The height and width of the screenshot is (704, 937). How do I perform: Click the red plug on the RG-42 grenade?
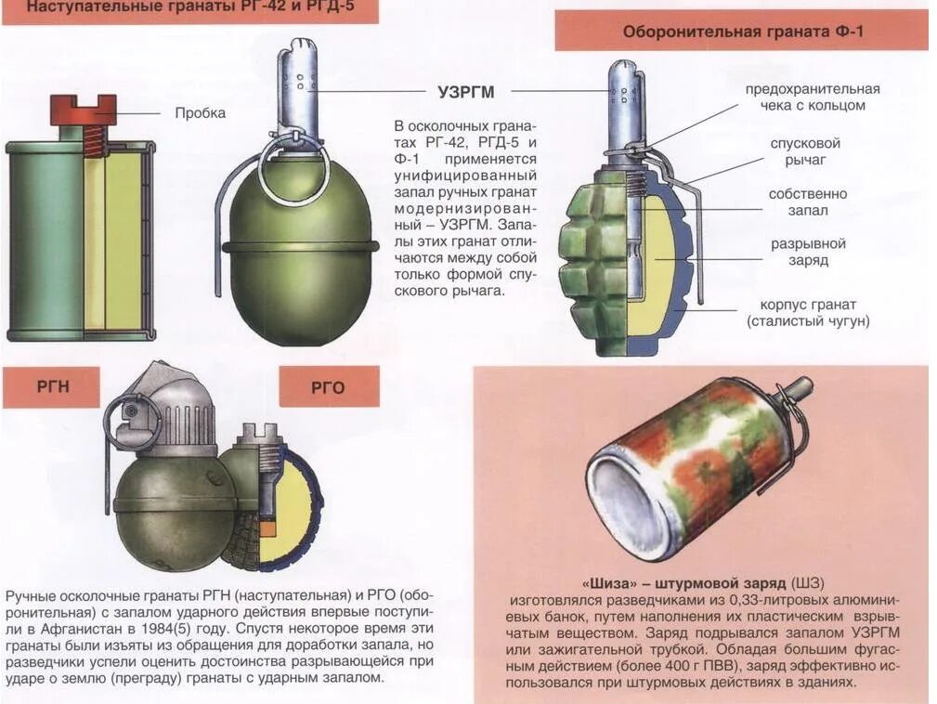83,110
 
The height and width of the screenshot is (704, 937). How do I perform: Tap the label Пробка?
200,113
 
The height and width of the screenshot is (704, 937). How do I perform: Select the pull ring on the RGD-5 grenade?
292,167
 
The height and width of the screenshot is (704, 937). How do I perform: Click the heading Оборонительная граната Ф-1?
742,32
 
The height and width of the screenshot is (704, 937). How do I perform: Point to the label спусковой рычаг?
804,151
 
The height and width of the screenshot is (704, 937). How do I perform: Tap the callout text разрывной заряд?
808,252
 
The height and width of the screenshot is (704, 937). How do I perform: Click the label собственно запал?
807,202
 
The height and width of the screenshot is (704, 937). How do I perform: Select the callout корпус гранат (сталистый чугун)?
808,313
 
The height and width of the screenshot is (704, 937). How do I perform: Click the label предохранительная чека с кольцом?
812,97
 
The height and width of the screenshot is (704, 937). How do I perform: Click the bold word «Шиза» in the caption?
608,583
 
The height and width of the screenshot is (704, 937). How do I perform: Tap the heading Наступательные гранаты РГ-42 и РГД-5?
189,9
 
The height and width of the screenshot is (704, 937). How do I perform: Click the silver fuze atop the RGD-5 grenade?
297,84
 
